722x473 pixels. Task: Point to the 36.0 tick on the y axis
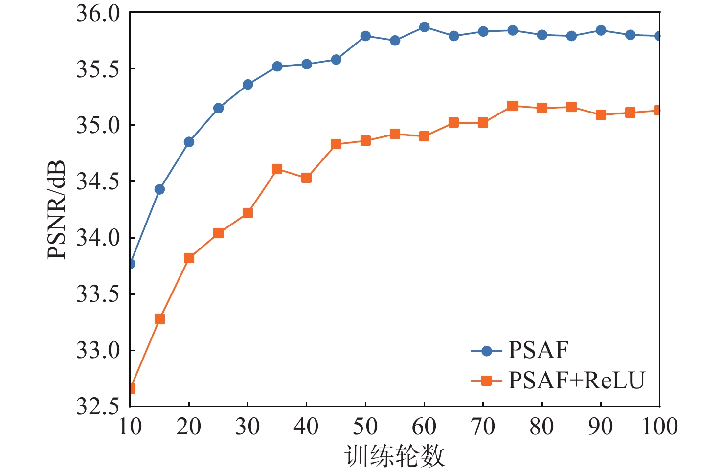[98, 13]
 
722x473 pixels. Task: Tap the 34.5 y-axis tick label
[98, 182]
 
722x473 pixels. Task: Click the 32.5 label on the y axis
[98, 406]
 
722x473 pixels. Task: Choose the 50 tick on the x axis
[365, 427]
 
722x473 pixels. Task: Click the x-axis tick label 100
[659, 427]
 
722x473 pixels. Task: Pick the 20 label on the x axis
[189, 427]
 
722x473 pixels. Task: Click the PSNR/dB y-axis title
[57, 209]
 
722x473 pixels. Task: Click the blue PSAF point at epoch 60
[424, 27]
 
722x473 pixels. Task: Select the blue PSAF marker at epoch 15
[159, 189]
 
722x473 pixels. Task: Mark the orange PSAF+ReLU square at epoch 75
[513, 106]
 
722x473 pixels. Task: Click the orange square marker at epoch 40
[307, 178]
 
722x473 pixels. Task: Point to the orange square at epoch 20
[189, 258]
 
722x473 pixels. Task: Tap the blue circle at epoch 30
[248, 85]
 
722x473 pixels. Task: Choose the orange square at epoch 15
[159, 319]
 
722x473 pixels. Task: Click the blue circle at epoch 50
[365, 36]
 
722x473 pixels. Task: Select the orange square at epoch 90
[601, 115]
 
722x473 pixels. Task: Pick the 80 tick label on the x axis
[541, 427]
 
